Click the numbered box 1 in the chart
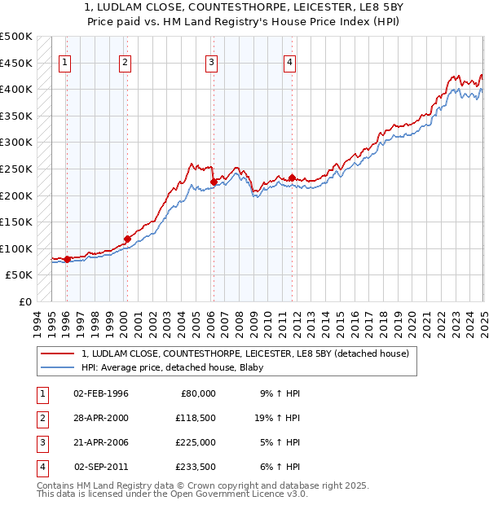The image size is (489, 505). click(64, 63)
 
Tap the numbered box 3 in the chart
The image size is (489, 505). click(211, 63)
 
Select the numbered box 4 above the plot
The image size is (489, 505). click(289, 63)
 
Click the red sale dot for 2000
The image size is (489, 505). click(127, 239)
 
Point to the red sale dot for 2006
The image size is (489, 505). click(213, 182)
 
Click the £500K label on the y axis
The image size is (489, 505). click(16, 37)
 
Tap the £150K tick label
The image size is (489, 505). click(16, 222)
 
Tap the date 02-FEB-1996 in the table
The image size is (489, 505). click(101, 393)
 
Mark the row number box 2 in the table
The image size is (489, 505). click(41, 418)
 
